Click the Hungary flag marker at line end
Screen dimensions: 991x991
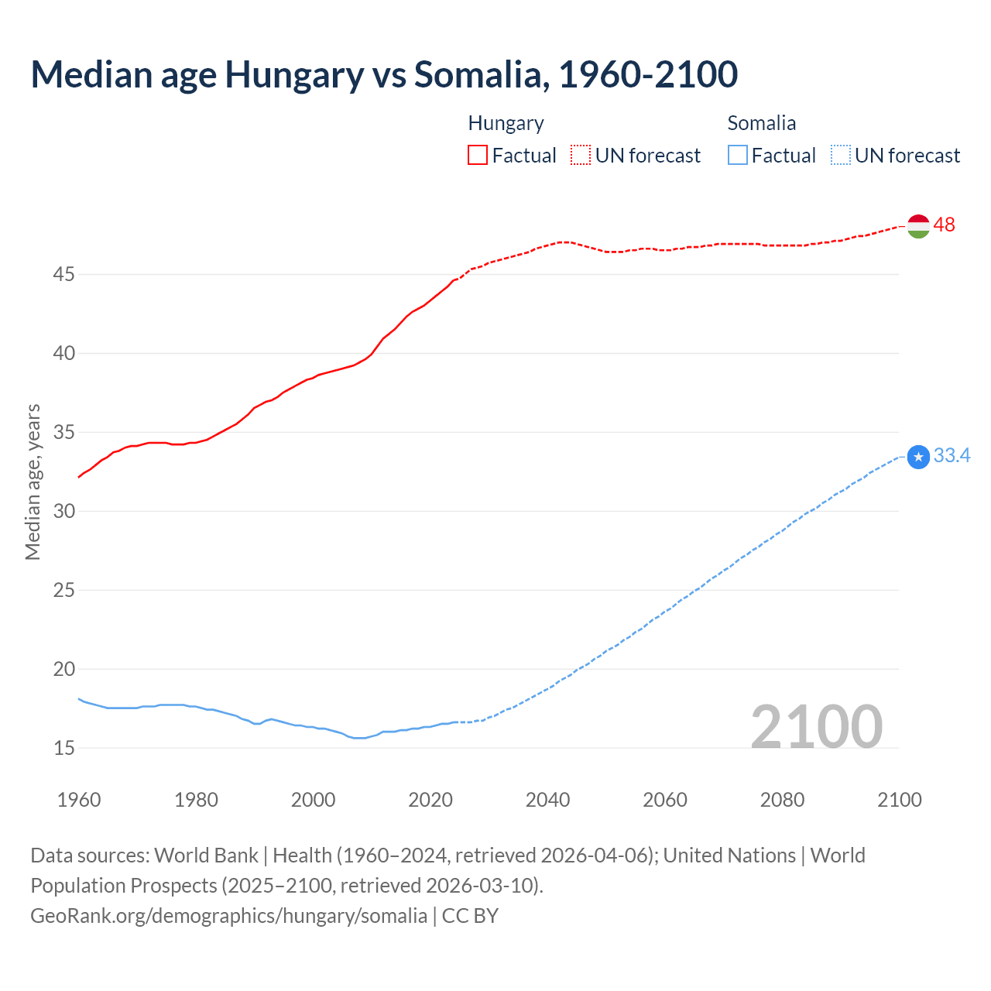click(918, 225)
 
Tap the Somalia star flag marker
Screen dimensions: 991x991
click(918, 457)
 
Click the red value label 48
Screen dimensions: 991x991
click(944, 225)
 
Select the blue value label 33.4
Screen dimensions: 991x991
click(952, 455)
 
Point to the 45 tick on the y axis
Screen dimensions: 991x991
click(63, 274)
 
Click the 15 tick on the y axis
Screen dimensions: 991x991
click(63, 748)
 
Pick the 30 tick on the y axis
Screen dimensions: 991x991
click(63, 511)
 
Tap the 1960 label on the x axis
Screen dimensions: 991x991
click(79, 800)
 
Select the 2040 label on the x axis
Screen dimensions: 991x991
click(547, 800)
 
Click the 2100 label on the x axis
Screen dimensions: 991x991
click(899, 800)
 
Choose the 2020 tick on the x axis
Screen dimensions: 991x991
click(430, 800)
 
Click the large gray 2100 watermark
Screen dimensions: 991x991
click(816, 726)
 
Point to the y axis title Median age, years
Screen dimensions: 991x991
click(33, 482)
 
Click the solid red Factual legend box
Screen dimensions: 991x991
click(478, 155)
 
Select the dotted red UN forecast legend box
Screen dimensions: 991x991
click(581, 155)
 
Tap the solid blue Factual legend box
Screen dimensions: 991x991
click(738, 155)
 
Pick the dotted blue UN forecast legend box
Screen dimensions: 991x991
click(841, 155)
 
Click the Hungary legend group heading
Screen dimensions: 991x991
click(506, 123)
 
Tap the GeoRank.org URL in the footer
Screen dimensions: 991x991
click(228, 915)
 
